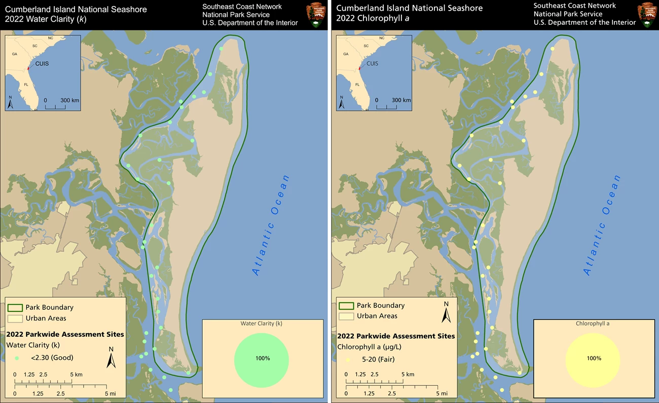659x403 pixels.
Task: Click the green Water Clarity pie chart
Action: [261, 358]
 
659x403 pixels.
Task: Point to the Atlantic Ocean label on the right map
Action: [602, 225]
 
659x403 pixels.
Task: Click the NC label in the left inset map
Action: [50, 38]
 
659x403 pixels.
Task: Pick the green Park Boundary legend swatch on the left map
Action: [15, 308]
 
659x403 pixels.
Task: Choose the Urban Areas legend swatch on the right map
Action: [346, 316]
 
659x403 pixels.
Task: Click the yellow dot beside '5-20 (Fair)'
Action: [348, 360]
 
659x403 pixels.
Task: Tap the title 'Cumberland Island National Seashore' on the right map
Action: [409, 8]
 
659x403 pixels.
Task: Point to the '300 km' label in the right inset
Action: [401, 100]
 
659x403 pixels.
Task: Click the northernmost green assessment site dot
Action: [222, 49]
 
